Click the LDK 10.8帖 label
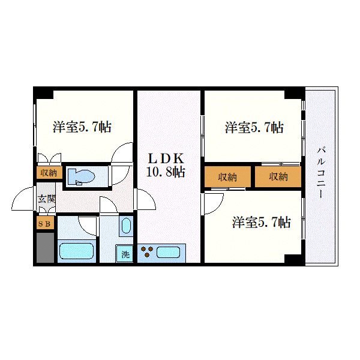166,165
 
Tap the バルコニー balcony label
321,172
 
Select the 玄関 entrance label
47,199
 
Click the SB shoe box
45,223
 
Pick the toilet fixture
82,176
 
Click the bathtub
76,251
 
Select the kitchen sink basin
168,253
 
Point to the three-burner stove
147,251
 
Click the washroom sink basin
126,226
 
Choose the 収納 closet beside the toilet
49,172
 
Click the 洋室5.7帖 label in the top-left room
82,127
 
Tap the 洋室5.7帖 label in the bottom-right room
261,222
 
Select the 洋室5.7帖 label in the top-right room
254,127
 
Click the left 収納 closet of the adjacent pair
227,176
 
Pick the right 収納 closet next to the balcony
278,176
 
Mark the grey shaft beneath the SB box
45,247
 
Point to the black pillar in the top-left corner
44,93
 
